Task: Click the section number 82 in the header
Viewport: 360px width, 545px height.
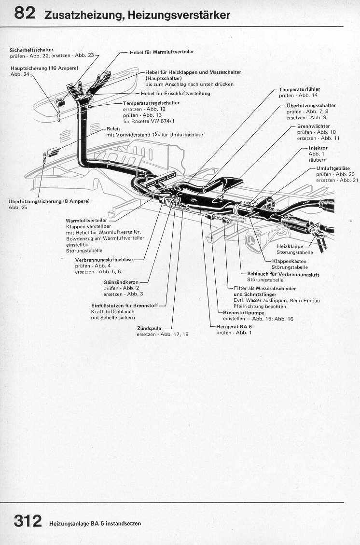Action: pos(25,13)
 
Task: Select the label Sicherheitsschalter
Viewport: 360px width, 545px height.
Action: pos(31,50)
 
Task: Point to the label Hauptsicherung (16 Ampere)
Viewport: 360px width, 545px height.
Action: pos(44,69)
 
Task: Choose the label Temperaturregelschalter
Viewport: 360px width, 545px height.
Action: pos(151,103)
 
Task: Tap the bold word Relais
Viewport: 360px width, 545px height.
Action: pos(113,129)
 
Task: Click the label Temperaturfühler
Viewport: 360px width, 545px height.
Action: pos(299,89)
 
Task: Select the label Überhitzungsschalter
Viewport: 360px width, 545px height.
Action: pos(311,105)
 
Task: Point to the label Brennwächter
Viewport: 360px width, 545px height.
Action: pos(313,126)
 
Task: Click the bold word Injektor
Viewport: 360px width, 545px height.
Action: pos(318,148)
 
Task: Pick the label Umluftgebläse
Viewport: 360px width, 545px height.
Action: pos(333,168)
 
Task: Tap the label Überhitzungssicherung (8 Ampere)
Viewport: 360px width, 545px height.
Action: pos(49,201)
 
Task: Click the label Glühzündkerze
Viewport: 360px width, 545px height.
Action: pos(118,282)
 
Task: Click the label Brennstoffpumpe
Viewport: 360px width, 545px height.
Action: pos(243,312)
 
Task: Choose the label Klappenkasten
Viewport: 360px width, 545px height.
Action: pos(289,261)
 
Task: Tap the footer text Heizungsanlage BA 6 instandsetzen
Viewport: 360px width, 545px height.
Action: pos(95,523)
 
